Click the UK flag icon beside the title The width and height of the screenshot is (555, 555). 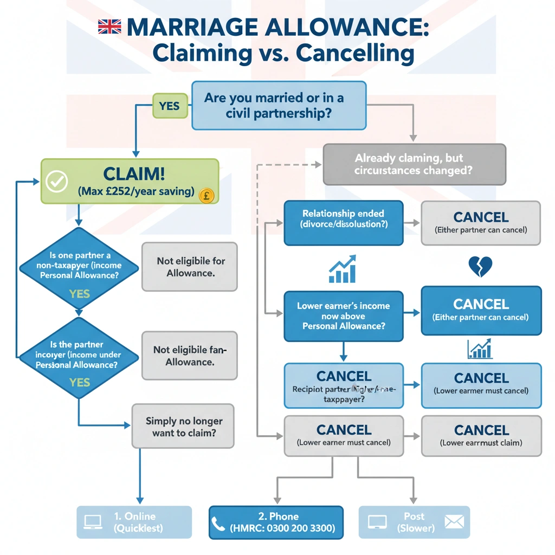coord(109,27)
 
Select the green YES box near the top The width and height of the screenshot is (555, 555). coord(170,106)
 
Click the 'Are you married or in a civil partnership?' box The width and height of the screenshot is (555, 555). coord(279,106)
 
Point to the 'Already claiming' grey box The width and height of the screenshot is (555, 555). coord(414,164)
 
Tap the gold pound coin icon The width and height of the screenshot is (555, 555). coord(206,195)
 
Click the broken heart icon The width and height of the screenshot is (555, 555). coord(480,267)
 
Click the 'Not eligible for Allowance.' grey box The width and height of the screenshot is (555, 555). coord(190,267)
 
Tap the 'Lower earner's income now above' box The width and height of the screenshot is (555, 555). coord(343,316)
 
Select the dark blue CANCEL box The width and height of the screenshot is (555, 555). coord(481,310)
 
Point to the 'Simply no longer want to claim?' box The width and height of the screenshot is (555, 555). coord(184,426)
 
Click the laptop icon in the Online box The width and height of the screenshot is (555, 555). coord(93,521)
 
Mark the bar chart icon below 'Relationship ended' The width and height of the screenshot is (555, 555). coord(343,269)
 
